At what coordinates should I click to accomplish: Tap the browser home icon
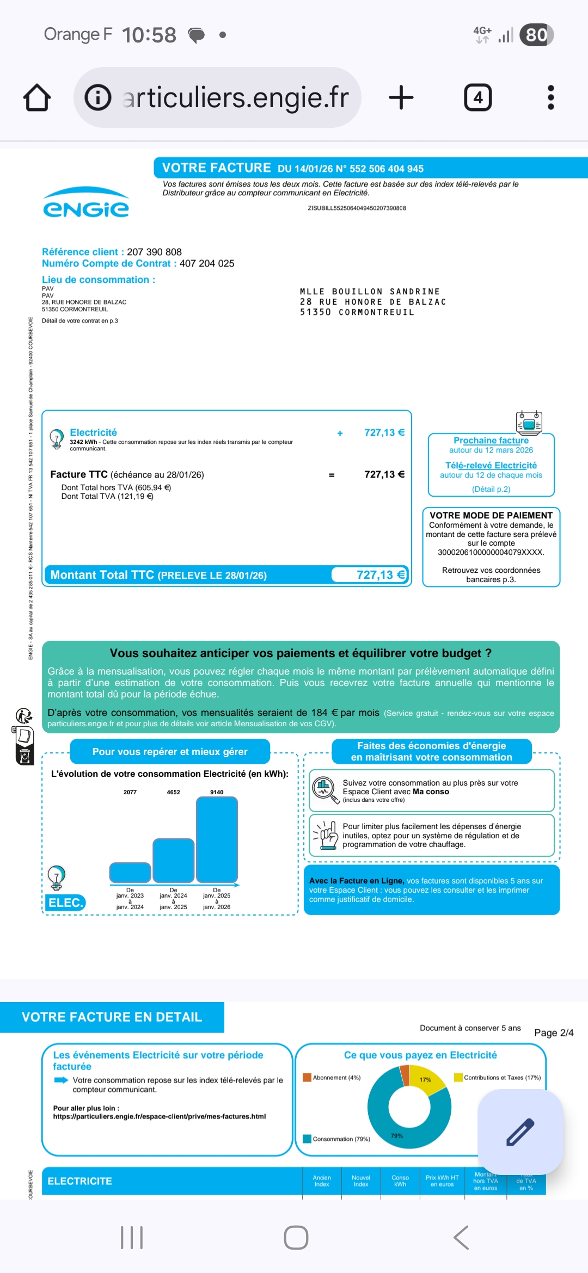point(37,98)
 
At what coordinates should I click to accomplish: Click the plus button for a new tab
point(401,98)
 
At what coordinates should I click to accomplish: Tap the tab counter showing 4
point(477,98)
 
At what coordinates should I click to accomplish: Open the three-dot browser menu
point(550,98)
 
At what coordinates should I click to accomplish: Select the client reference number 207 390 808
point(154,252)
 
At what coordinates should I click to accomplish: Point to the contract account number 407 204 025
point(207,263)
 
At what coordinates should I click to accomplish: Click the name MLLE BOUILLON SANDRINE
point(370,292)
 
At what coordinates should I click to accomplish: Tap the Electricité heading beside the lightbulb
point(93,432)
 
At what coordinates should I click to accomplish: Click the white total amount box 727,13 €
point(370,575)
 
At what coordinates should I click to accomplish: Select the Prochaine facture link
point(491,440)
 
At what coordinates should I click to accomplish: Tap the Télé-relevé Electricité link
point(491,465)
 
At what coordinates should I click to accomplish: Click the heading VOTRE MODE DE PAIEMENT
point(491,515)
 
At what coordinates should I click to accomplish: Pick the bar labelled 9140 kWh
point(217,839)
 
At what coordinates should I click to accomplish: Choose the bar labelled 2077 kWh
point(130,872)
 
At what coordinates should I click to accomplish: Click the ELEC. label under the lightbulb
point(65,903)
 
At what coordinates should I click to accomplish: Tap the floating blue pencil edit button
point(520,1132)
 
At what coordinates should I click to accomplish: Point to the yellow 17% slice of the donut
point(425,1079)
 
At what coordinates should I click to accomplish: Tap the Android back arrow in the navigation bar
point(461,1238)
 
